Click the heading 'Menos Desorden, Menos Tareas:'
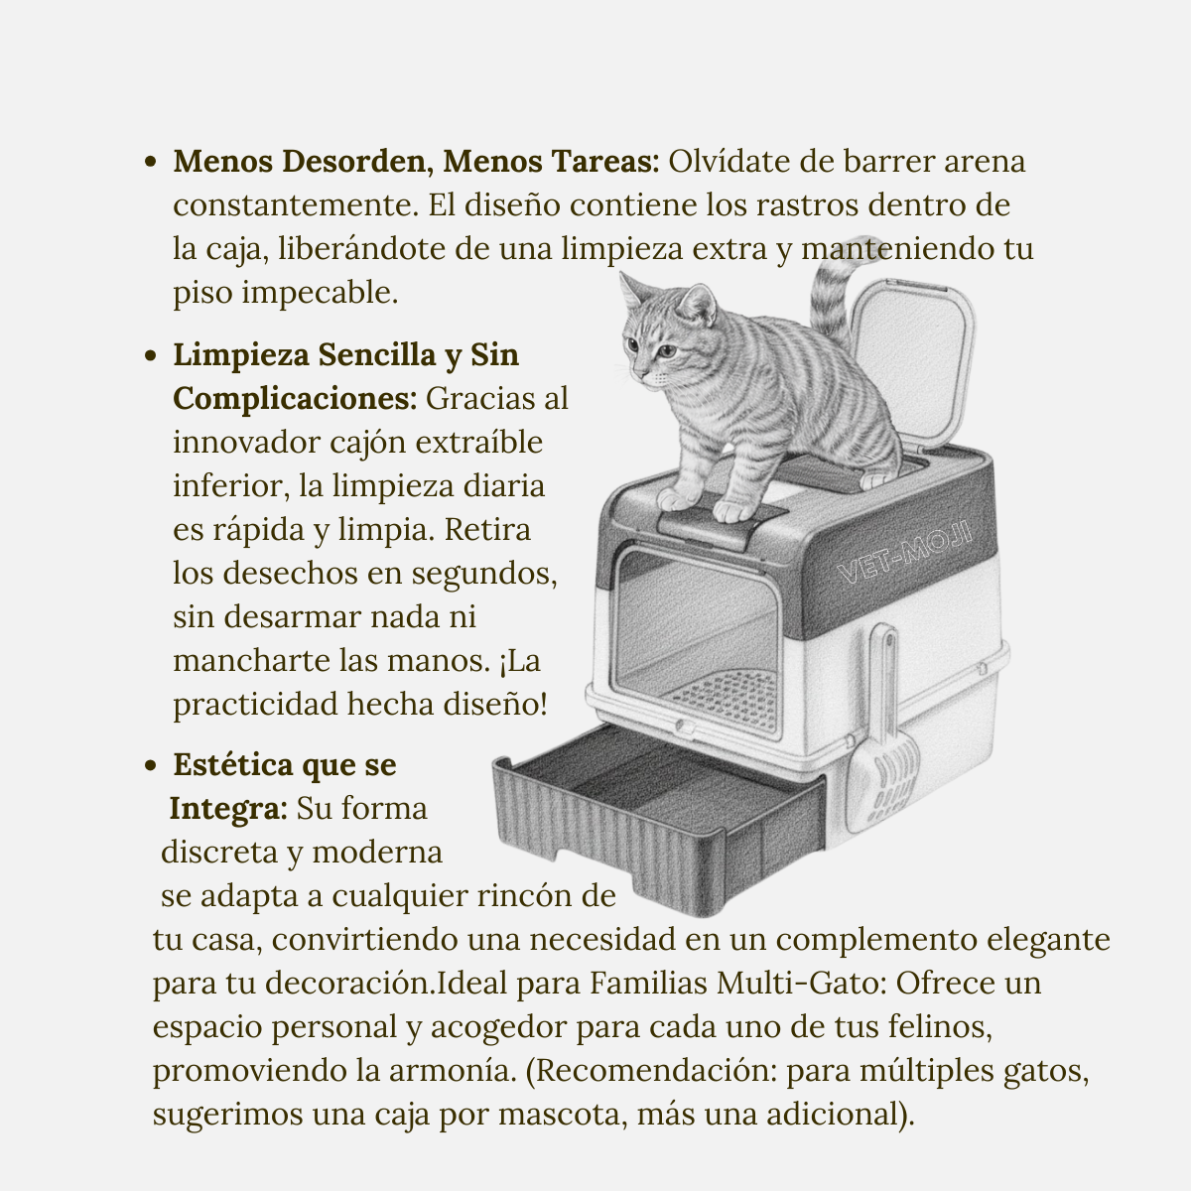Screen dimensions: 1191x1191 [x=416, y=161]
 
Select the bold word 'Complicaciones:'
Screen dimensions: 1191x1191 [x=295, y=398]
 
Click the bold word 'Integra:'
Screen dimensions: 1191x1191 [x=228, y=808]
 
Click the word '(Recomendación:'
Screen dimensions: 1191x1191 [x=651, y=1071]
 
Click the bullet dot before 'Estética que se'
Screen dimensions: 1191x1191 [x=151, y=766]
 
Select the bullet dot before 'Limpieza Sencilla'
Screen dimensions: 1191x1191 [x=151, y=355]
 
